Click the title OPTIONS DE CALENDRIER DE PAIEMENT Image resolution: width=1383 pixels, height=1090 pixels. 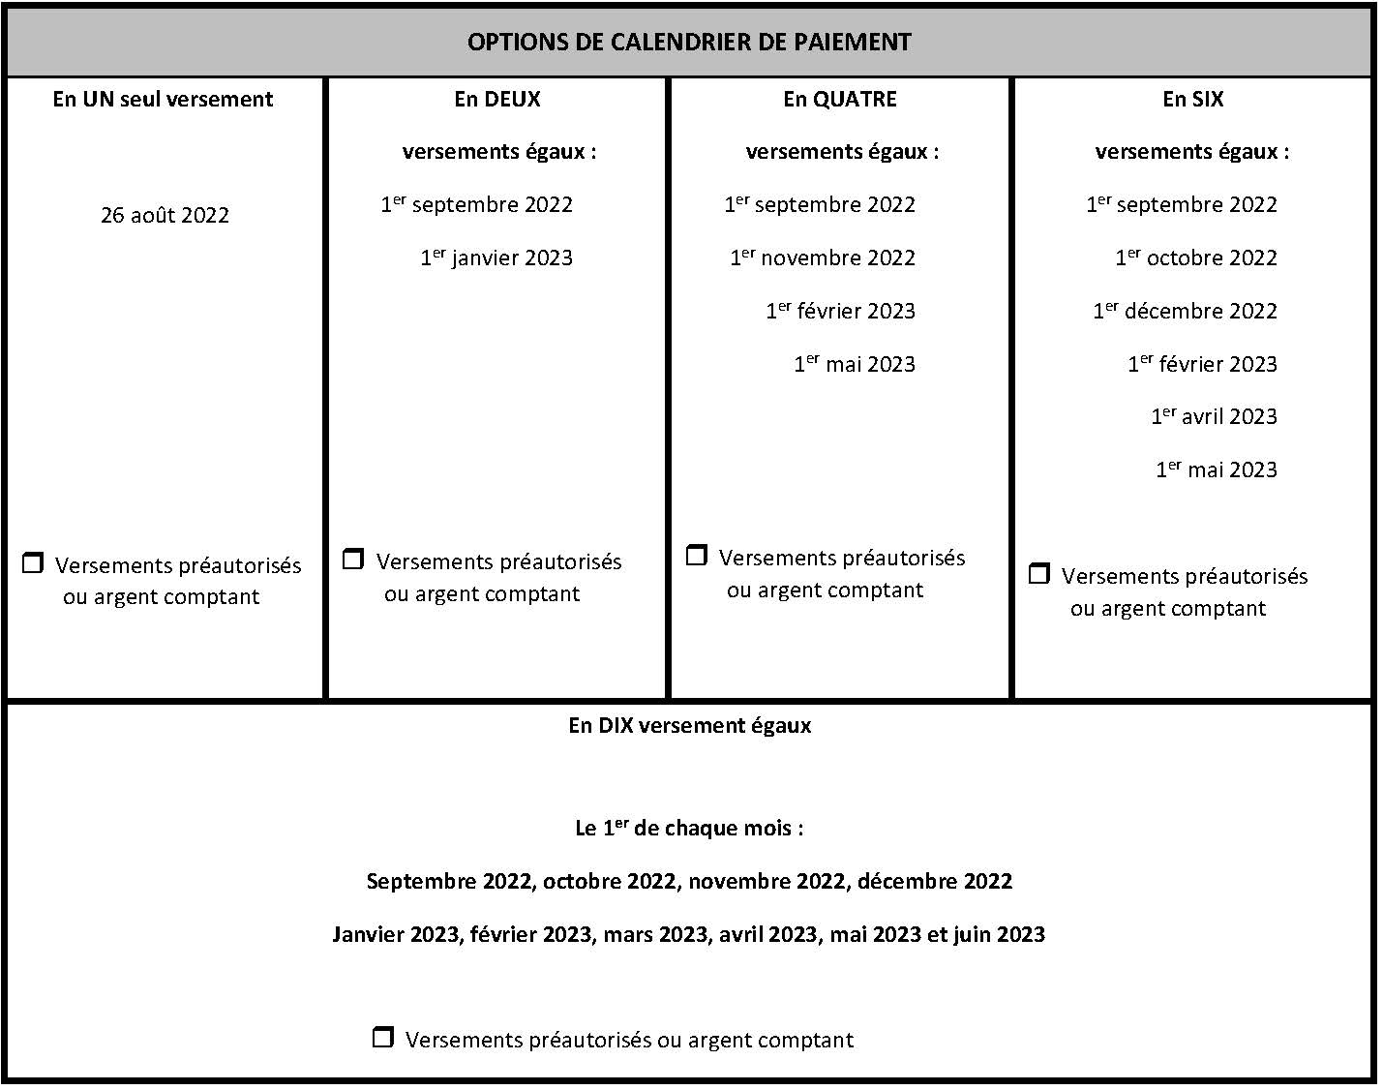[688, 43]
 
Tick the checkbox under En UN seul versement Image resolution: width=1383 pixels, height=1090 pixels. [33, 563]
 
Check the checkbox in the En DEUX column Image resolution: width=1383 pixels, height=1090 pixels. [353, 560]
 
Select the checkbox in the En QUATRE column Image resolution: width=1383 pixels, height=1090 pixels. [696, 556]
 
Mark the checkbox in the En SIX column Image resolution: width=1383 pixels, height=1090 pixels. [1038, 574]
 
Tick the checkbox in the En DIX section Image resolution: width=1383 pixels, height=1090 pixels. [383, 1038]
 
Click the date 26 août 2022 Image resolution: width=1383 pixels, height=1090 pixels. [165, 215]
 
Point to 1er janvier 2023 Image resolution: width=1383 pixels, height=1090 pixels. [496, 257]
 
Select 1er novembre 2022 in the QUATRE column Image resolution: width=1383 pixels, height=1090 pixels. [822, 257]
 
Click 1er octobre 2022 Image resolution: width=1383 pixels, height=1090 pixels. [1195, 257]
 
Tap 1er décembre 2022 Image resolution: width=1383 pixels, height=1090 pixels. [1185, 311]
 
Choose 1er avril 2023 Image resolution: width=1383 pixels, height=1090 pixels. [1214, 416]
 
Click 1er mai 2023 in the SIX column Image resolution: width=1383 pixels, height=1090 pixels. [1216, 469]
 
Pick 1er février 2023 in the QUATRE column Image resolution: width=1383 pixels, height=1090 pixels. [840, 311]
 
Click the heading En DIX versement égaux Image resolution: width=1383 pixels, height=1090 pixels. [689, 725]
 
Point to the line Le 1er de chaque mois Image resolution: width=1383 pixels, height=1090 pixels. [689, 829]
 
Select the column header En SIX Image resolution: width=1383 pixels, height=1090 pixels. [1192, 99]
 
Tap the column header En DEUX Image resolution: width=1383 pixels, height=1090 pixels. [496, 99]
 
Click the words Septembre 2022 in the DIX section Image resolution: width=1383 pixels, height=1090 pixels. [448, 881]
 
